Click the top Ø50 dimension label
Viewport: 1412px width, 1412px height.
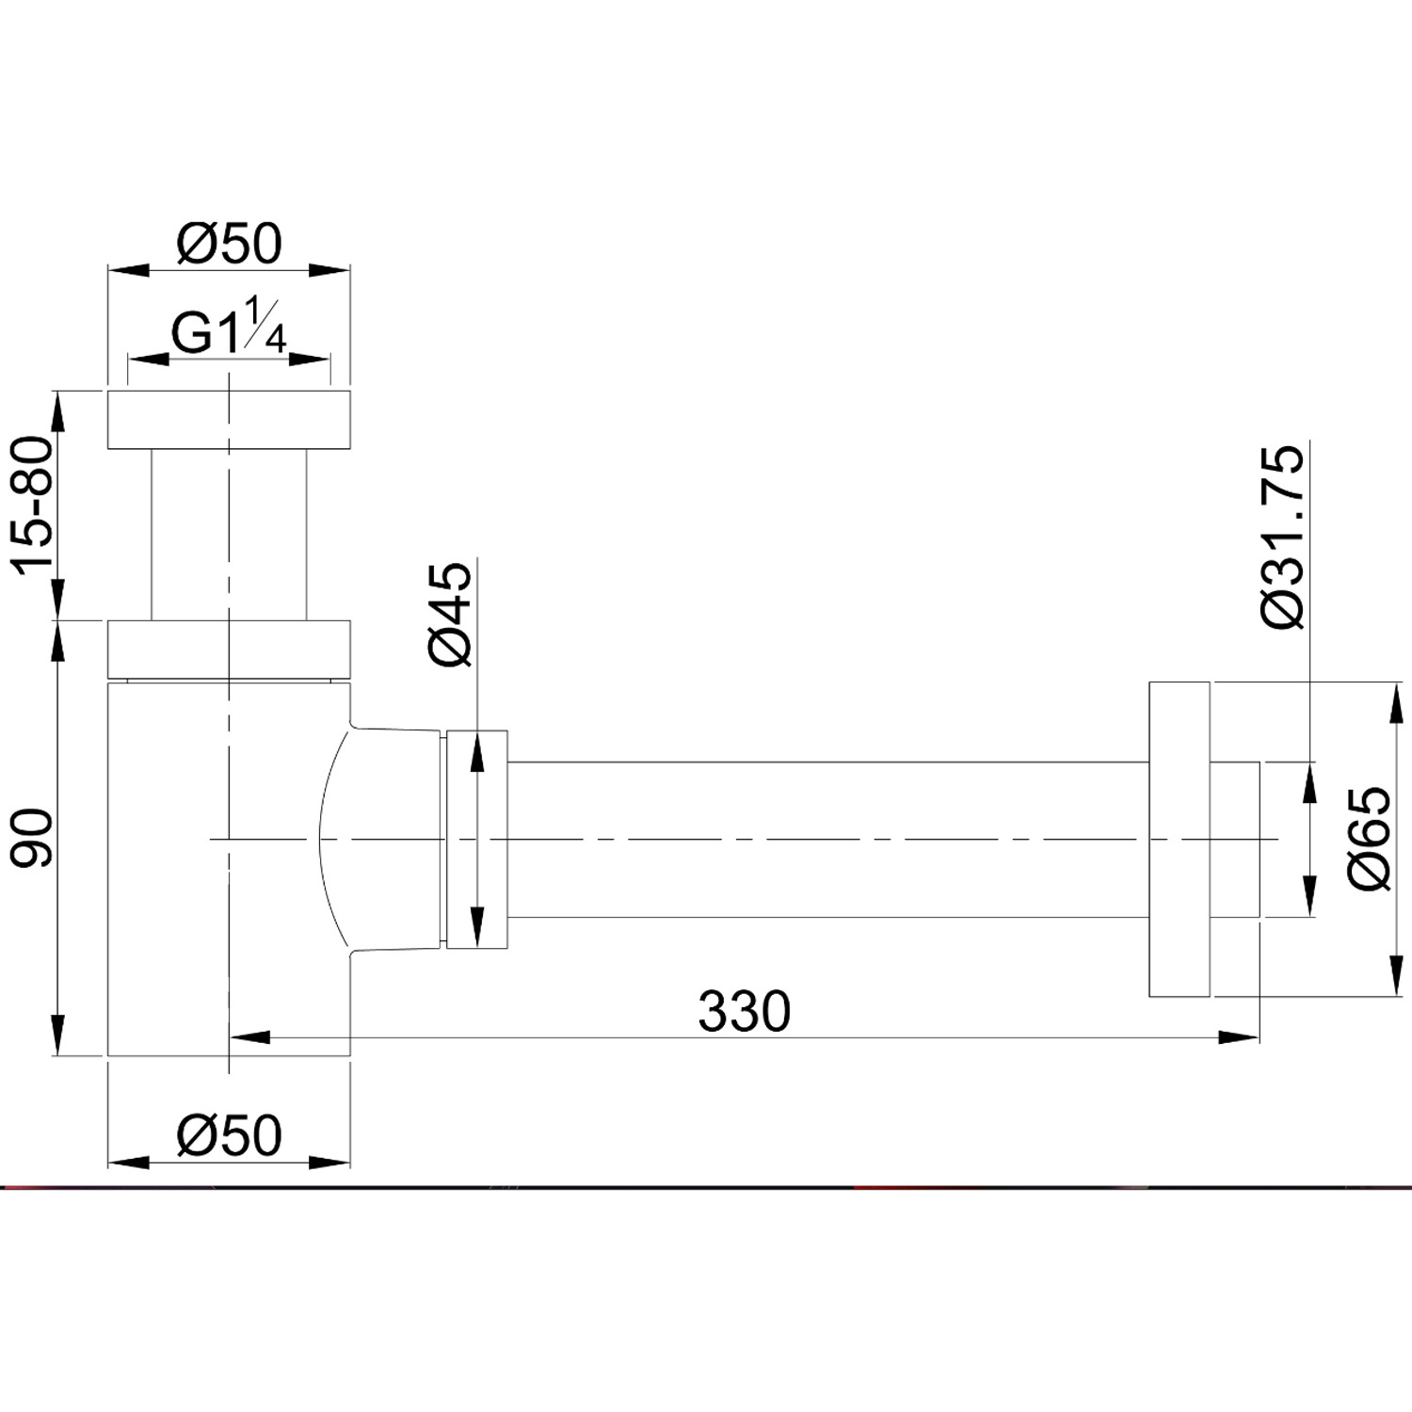[229, 243]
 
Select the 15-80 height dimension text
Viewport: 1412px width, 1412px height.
[34, 505]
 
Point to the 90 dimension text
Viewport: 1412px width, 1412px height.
[34, 836]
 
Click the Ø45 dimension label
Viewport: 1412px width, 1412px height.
[450, 615]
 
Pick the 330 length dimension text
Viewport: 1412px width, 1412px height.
[744, 1012]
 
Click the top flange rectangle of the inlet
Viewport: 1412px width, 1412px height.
[229, 419]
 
